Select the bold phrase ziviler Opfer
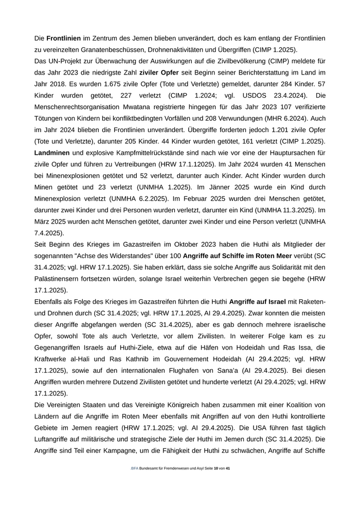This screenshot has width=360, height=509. [x=159, y=72]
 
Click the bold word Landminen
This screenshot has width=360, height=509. [x=52, y=153]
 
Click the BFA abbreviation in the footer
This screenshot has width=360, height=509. [x=135, y=468]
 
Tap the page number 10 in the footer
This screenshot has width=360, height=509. [x=216, y=468]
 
